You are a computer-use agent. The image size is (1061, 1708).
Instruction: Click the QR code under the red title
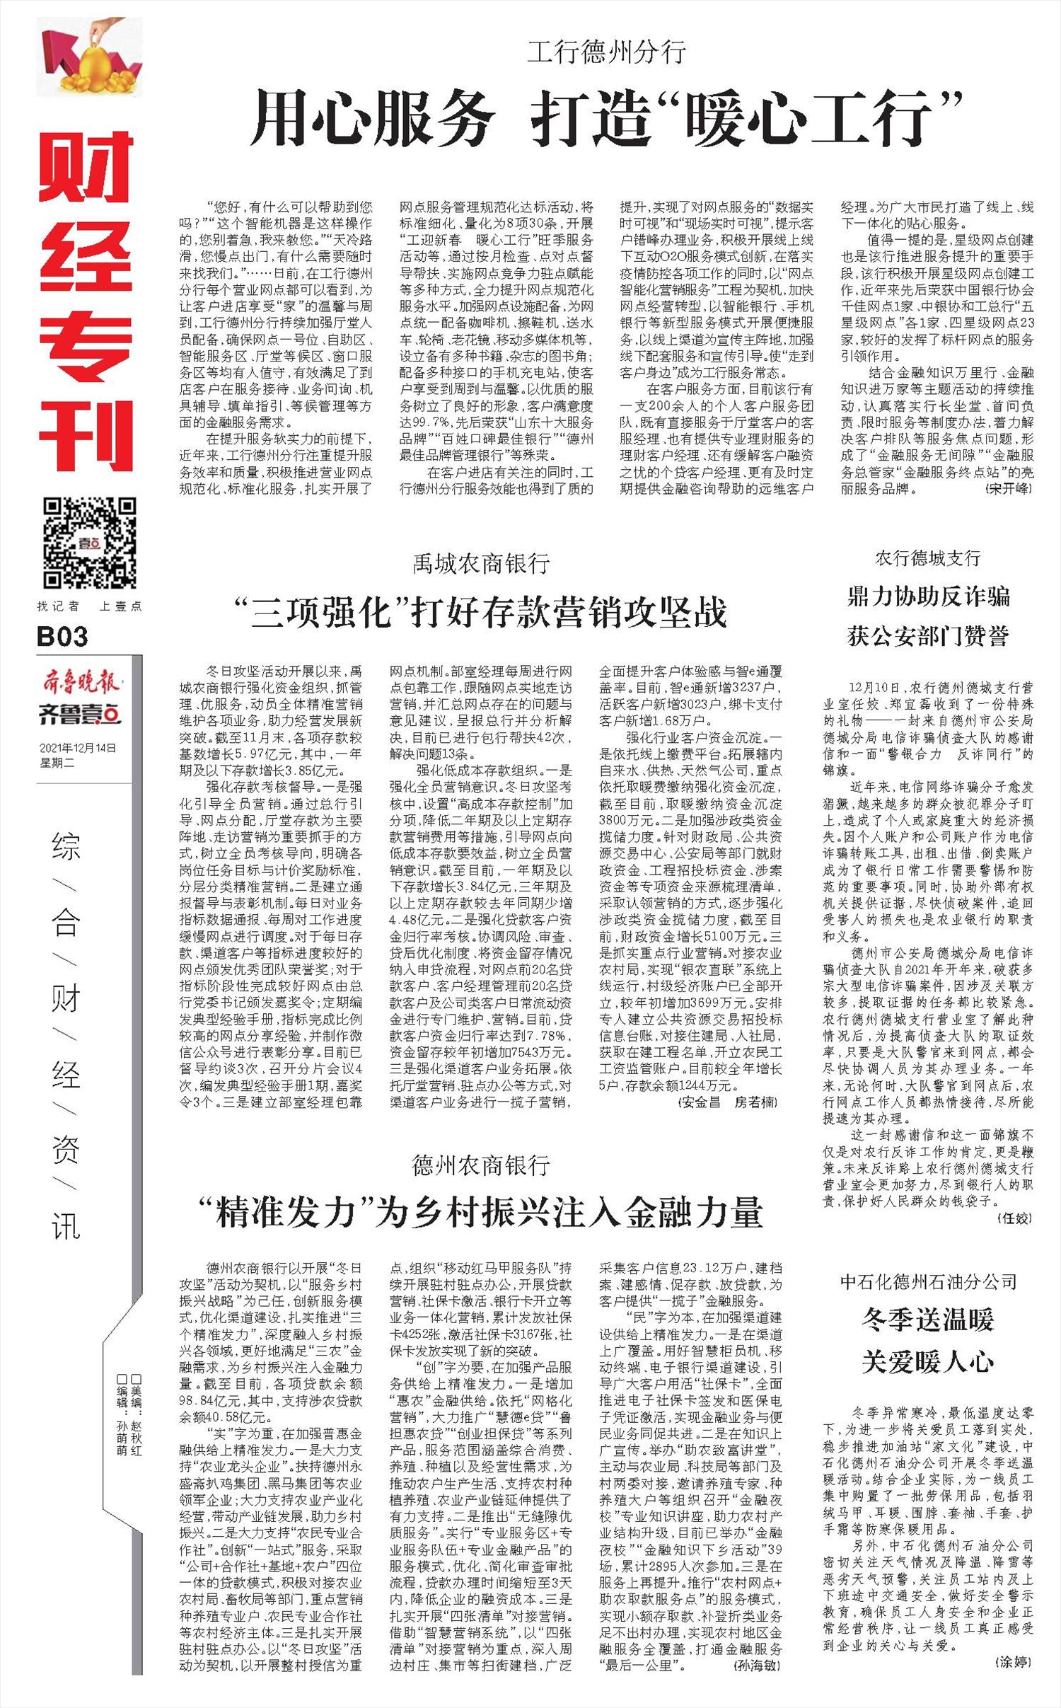89,543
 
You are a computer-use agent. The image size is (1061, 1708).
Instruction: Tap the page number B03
62,637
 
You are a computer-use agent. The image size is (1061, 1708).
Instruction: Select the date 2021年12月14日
78,748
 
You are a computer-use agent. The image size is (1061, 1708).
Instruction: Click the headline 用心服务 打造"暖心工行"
606,117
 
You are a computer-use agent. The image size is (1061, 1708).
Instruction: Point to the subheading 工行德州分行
606,52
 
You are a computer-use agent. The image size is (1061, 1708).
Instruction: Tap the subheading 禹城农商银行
481,563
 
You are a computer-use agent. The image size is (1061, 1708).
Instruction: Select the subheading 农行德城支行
927,558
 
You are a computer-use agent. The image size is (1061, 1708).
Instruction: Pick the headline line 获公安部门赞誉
927,636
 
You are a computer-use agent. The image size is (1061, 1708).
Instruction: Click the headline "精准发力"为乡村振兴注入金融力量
481,1232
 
